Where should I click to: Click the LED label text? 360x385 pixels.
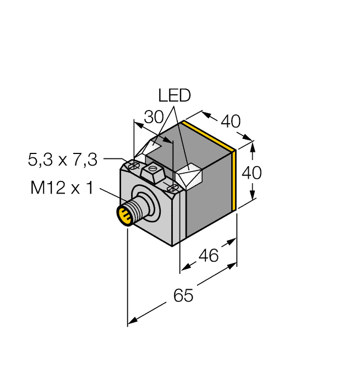(x=174, y=96)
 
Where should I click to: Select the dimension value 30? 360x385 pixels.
(x=154, y=117)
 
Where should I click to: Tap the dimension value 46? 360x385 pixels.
(x=209, y=255)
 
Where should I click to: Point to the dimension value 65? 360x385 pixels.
(x=183, y=295)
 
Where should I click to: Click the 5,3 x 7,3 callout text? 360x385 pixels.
(x=63, y=160)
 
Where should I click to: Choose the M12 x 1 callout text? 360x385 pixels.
(x=62, y=188)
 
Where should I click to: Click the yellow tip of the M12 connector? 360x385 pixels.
(x=124, y=216)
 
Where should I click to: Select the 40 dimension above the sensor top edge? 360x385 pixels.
(x=231, y=122)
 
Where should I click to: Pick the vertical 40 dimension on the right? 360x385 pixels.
(x=252, y=173)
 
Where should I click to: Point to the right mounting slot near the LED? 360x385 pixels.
(x=172, y=188)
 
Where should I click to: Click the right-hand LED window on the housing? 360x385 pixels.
(x=189, y=177)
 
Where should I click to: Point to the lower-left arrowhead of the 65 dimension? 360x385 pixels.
(x=132, y=321)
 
